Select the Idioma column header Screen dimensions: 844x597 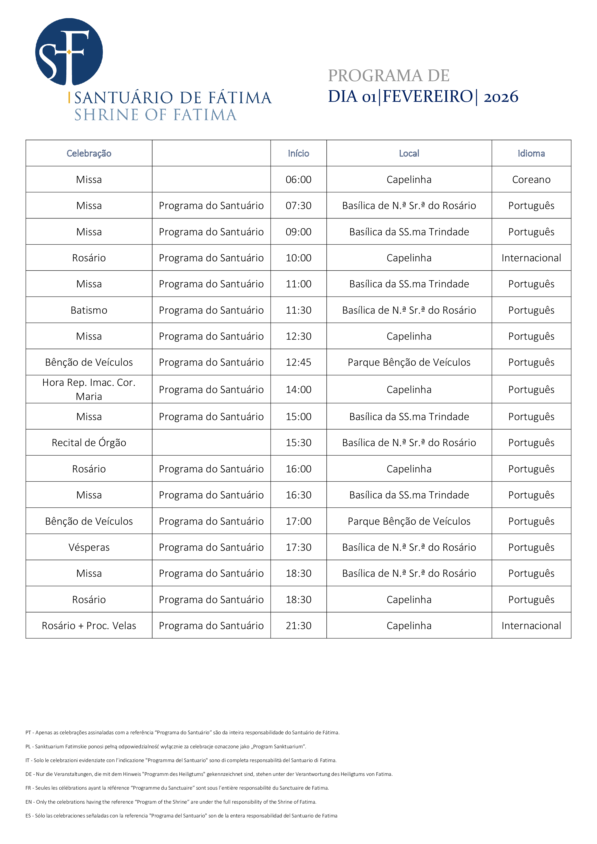click(531, 153)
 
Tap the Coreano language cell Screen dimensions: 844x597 click(531, 179)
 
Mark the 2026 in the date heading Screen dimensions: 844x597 click(501, 97)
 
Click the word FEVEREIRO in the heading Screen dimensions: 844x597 click(428, 97)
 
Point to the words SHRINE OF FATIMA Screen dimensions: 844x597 click(155, 115)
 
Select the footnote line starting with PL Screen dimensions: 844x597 click(165, 746)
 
